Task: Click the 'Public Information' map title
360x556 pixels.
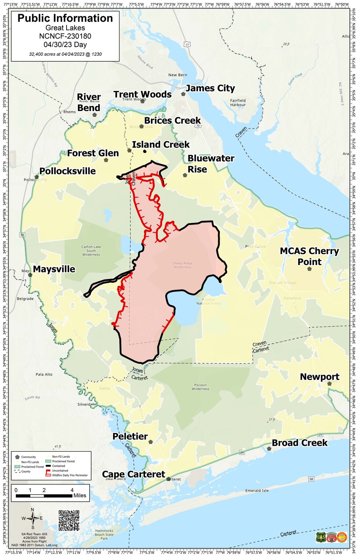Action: coord(65,18)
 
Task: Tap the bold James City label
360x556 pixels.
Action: coord(210,89)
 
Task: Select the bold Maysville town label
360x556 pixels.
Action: coord(54,269)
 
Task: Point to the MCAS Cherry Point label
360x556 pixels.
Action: coord(309,256)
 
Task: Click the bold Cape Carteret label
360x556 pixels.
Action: coord(133,474)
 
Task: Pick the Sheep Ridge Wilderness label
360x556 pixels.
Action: coord(183,265)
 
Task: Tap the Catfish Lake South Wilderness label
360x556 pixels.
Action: coord(91,251)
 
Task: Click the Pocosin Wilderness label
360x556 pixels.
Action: coord(200,387)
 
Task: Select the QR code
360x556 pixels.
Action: coord(69,520)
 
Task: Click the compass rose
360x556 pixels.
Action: coord(33,519)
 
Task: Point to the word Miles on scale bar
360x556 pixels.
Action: coord(80,495)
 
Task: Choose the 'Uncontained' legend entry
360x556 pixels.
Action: coord(60,470)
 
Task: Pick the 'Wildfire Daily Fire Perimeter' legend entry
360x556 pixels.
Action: coord(70,475)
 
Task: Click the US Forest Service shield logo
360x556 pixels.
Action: coord(320,537)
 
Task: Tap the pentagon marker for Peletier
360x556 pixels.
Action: coord(151,442)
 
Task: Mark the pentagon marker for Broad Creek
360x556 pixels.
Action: coord(269,448)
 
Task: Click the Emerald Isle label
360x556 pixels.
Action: coord(257,491)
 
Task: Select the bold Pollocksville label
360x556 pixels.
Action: coord(68,171)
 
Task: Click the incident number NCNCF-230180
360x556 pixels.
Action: coord(65,36)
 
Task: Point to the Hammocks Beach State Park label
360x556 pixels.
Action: coord(104,535)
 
